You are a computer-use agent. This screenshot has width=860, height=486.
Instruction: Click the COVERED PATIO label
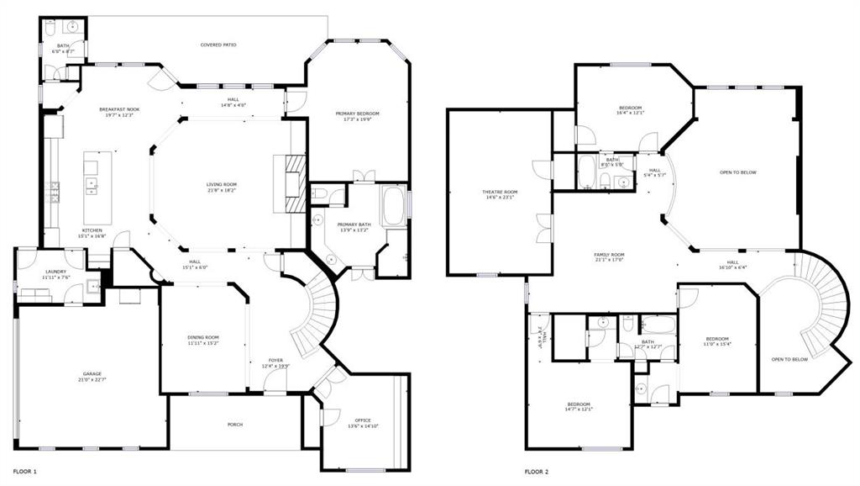click(218, 45)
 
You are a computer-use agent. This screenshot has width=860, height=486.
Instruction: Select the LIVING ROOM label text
click(222, 184)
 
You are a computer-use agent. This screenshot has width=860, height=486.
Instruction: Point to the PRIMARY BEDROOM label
click(358, 114)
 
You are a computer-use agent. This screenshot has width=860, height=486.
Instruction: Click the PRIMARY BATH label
click(354, 225)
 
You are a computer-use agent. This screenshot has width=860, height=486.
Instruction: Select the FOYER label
click(275, 360)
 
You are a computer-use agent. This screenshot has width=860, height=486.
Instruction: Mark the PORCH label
click(235, 425)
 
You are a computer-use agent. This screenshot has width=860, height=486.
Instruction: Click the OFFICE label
click(363, 420)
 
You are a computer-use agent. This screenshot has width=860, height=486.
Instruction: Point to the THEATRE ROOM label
click(500, 192)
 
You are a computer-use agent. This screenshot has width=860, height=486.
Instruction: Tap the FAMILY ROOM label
click(610, 255)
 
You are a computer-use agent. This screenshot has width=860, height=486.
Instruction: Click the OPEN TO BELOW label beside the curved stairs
click(789, 359)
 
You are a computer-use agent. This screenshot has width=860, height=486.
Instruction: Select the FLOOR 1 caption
click(24, 473)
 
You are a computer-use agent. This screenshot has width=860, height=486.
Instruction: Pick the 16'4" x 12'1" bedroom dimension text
click(631, 114)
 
